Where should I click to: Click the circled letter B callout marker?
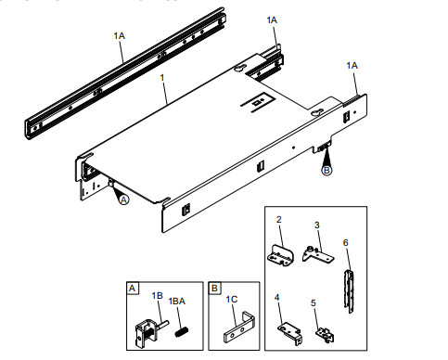tap(327, 170)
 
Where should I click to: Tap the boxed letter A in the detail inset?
tap(133, 289)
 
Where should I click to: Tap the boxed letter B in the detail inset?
tap(214, 289)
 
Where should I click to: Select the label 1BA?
tap(176, 301)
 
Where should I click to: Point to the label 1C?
tap(231, 301)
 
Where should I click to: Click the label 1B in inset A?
tap(158, 295)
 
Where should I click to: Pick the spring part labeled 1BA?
tap(182, 330)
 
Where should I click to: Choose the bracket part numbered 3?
tap(317, 253)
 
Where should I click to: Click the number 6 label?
tap(346, 242)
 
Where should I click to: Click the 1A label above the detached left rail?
tap(120, 35)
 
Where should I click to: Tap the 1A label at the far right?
tap(352, 65)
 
